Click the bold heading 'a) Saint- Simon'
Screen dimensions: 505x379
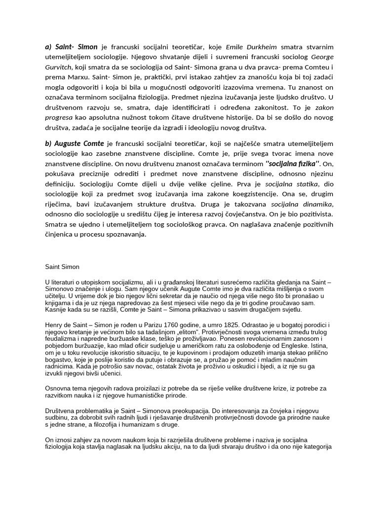click(71, 47)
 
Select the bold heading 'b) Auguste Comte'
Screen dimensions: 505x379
click(75, 144)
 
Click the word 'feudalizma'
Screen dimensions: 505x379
click(61, 341)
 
